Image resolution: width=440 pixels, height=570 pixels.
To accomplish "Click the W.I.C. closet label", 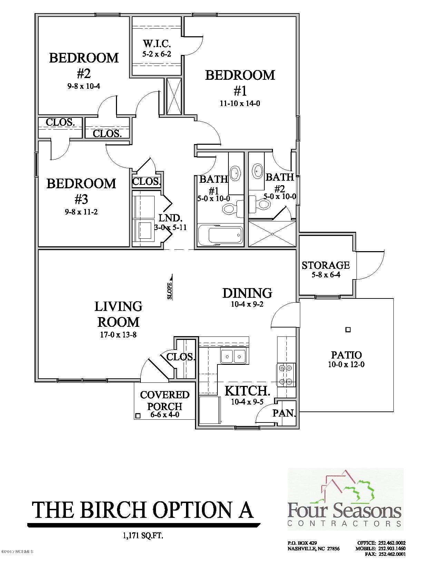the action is tap(157, 44).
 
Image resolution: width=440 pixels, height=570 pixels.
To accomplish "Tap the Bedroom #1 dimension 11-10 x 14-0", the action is tap(240, 103).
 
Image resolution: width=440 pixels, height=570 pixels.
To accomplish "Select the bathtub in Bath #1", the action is tap(220, 235).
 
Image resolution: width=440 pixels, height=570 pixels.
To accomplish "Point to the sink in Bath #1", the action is tap(236, 173).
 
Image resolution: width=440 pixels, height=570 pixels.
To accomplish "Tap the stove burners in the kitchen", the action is tap(286, 375).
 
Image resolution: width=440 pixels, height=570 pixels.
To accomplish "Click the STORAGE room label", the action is tap(326, 265).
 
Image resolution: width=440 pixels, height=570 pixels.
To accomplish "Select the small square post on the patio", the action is tap(348, 330).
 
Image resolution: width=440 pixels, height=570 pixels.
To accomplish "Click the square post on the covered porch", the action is tap(138, 416).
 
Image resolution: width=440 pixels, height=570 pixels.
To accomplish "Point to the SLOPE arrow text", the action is tap(170, 291).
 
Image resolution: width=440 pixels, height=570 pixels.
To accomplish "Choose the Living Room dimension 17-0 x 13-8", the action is tap(118, 335).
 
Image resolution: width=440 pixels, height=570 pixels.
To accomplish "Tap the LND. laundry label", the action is tap(170, 217).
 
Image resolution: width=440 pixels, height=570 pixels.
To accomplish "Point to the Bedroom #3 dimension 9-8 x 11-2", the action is tap(81, 212).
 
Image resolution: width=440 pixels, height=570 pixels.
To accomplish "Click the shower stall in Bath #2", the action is tap(272, 234).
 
